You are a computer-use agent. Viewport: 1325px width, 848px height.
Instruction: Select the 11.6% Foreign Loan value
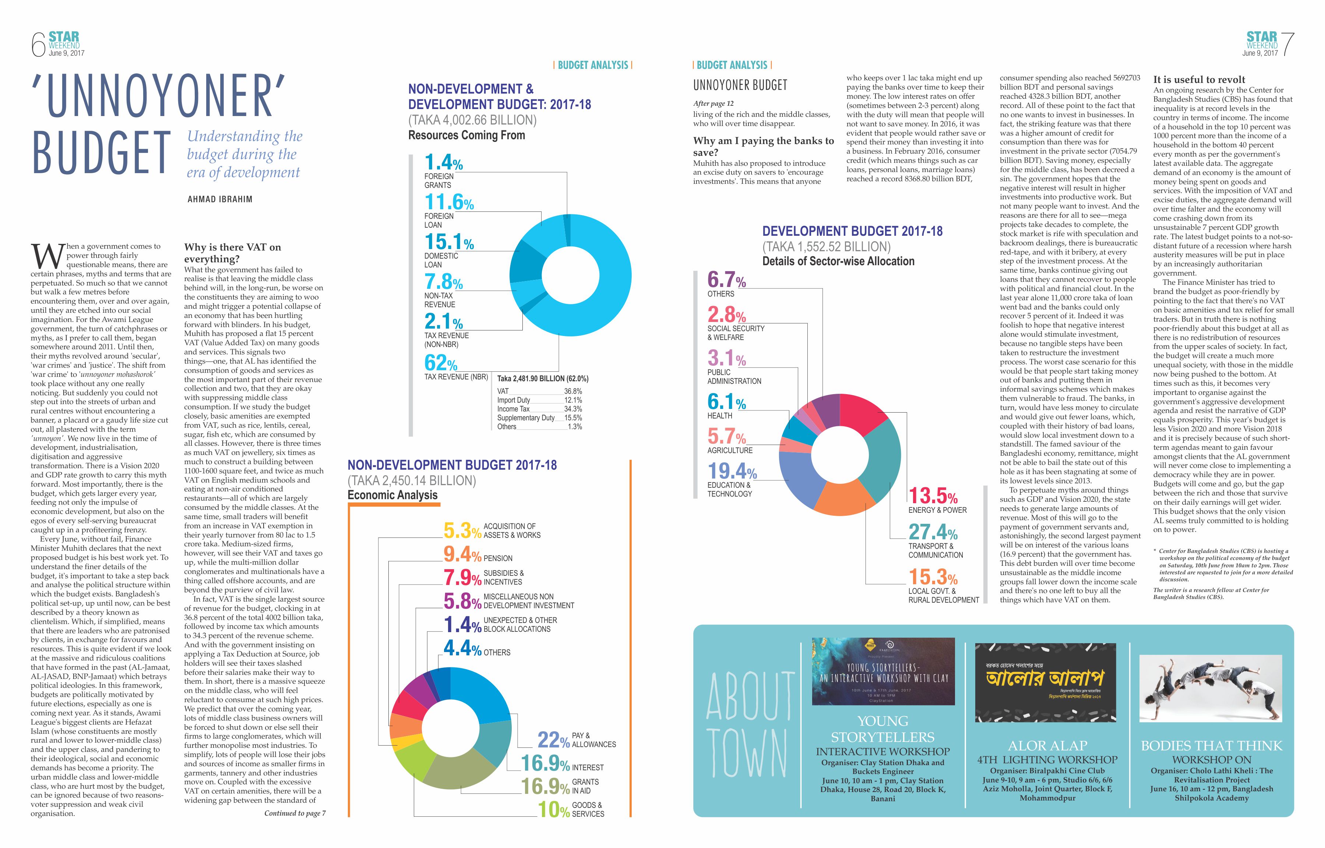(x=448, y=202)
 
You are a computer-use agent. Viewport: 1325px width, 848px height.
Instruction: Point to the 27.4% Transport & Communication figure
(x=933, y=532)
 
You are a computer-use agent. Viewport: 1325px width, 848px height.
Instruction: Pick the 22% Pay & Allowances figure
(x=553, y=740)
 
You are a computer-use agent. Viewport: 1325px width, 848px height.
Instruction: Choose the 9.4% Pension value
(x=462, y=554)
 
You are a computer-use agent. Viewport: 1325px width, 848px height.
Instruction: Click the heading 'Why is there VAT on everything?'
(x=232, y=253)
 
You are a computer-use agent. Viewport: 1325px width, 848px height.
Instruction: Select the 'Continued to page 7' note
(x=295, y=813)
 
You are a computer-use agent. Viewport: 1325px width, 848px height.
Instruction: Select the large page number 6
(x=38, y=45)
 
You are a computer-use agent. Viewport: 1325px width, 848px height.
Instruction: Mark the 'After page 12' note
(x=713, y=104)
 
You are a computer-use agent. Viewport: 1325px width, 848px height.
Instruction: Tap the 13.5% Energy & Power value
(x=933, y=495)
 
